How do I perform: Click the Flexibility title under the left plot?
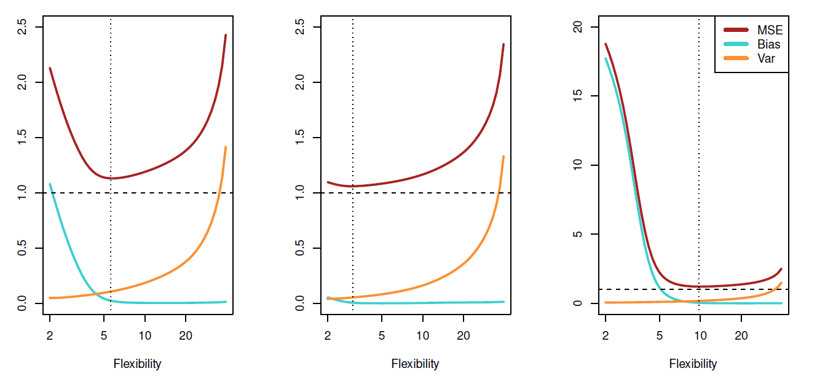coord(137,364)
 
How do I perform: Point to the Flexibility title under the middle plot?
coord(415,364)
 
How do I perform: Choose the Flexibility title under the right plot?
coord(693,364)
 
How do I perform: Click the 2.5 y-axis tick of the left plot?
coord(22,27)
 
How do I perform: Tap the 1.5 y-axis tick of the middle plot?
coord(300,138)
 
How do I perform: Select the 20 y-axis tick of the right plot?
coord(578,27)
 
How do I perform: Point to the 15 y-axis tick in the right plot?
coord(578,96)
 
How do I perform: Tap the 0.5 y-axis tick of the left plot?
coord(22,248)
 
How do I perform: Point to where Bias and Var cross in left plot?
coord(94,292)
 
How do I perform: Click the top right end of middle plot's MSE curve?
coord(503,44)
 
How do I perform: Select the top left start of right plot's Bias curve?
coord(606,58)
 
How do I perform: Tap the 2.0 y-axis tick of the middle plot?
coord(300,82)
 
